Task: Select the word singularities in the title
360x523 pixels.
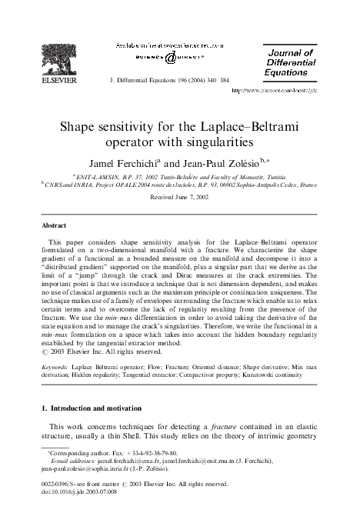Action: pos(215,143)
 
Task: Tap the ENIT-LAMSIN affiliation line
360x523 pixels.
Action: pos(179,175)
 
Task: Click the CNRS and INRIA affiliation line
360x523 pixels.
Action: pos(180,185)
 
